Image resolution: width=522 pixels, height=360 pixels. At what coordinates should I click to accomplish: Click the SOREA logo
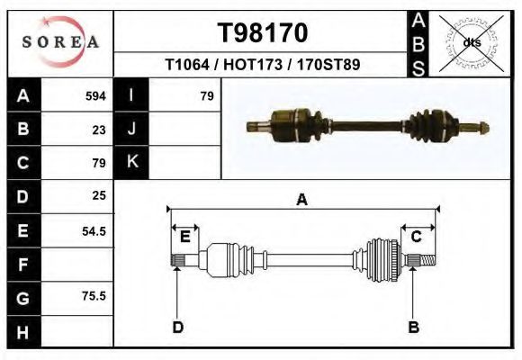click(60, 43)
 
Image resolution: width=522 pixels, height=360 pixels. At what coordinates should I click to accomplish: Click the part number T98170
click(263, 33)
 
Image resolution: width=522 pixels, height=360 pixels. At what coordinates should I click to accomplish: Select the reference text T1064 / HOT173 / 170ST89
click(263, 65)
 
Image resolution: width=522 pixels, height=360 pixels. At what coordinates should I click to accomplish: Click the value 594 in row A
click(95, 96)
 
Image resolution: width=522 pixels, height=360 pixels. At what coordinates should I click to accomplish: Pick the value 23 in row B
click(99, 130)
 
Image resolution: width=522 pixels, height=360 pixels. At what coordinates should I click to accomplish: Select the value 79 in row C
click(99, 163)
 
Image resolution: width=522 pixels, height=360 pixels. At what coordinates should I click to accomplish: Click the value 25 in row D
click(99, 195)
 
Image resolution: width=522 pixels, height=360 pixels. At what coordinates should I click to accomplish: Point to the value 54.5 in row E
click(94, 230)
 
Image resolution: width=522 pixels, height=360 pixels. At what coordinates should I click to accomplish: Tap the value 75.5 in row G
click(94, 296)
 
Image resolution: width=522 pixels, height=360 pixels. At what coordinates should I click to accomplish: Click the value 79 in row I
click(206, 96)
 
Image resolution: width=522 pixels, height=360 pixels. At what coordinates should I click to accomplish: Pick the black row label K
click(131, 163)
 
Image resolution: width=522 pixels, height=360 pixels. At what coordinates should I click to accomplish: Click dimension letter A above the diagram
click(301, 200)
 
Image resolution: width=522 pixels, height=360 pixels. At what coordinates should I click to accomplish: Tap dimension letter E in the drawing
click(184, 237)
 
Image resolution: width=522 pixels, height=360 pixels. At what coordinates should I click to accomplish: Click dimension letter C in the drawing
click(417, 237)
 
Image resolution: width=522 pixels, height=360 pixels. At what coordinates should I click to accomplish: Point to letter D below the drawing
click(177, 327)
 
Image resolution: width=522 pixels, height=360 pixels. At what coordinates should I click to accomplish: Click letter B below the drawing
click(413, 327)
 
